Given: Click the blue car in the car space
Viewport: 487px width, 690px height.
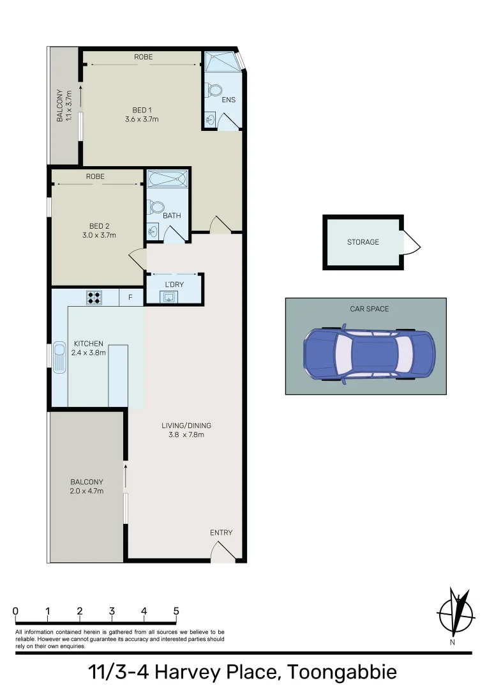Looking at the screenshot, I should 370,354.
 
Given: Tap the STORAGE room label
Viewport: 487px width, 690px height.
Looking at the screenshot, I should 363,242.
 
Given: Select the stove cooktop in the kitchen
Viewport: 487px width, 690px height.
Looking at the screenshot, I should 94,296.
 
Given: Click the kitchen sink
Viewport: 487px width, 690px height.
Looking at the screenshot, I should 59,356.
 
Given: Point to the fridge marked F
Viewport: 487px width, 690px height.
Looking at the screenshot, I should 131,297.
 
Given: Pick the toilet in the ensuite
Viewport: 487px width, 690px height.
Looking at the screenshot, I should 214,91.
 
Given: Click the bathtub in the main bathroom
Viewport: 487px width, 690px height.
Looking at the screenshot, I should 168,178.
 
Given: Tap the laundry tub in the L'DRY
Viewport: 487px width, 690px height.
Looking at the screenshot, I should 169,296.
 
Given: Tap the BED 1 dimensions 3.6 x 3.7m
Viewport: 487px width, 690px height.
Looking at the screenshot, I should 141,119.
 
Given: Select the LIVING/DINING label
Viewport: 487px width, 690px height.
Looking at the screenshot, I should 185,425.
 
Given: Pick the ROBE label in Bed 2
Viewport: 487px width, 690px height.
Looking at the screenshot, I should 95,176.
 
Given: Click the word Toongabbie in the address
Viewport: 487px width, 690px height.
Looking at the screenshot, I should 341,672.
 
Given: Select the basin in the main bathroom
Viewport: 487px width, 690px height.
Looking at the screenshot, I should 153,231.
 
